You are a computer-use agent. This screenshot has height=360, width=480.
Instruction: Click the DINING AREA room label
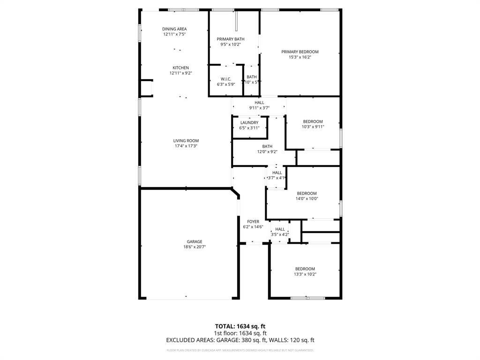tap(174, 29)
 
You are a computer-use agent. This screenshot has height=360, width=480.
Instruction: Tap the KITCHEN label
tap(180, 68)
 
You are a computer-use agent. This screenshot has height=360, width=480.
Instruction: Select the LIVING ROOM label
tap(186, 141)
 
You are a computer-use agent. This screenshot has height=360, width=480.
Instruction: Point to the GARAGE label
tap(195, 242)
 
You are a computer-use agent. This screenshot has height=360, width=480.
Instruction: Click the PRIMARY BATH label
tap(230, 39)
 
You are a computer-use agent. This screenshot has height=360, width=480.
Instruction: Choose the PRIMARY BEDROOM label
tap(300, 52)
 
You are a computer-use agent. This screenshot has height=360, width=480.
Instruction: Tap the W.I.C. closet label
tap(226, 79)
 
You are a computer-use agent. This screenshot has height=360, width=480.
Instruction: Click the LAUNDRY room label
tap(249, 123)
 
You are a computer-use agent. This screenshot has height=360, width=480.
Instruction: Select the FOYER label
tap(253, 222)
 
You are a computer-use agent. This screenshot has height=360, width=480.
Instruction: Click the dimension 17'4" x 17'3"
tap(186, 146)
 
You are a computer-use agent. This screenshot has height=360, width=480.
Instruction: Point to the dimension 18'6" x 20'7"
tap(195, 247)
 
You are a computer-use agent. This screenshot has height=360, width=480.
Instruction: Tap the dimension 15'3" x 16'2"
tap(300, 57)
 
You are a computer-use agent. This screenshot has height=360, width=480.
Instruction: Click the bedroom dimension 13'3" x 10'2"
tap(305, 274)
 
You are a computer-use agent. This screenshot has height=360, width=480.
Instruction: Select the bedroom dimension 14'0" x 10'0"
tap(307, 199)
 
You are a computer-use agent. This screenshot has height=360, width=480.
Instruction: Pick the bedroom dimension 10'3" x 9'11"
tap(313, 127)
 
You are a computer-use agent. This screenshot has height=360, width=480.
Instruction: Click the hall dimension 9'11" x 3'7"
tap(259, 108)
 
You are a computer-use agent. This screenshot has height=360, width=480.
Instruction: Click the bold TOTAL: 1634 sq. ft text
tap(240, 326)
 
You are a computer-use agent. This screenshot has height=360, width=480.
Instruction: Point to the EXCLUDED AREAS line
tap(240, 340)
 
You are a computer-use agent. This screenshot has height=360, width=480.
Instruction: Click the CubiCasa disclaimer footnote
tap(240, 350)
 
